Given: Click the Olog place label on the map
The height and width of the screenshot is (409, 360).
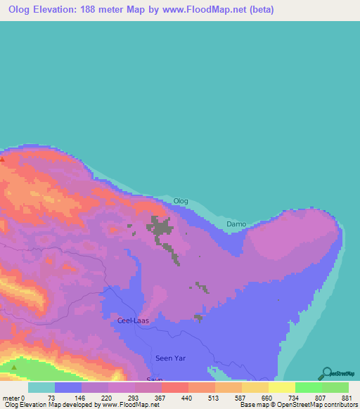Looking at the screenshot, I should tap(181, 202).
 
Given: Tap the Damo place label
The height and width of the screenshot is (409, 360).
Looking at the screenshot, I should tap(236, 224).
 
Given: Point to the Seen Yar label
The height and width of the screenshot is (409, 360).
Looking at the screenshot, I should tap(169, 358).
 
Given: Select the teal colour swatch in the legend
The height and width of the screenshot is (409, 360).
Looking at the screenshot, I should tap(41, 387).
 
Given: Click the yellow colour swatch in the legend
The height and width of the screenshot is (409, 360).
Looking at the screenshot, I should tap(281, 387).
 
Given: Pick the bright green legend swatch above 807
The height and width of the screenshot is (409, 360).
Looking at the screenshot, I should tap(308, 387).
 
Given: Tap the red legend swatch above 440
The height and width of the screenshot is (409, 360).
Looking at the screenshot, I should tap(174, 387).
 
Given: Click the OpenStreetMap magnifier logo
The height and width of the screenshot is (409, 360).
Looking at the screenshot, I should tap(326, 373).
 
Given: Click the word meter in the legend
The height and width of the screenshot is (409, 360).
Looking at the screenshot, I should tap(12, 397).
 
